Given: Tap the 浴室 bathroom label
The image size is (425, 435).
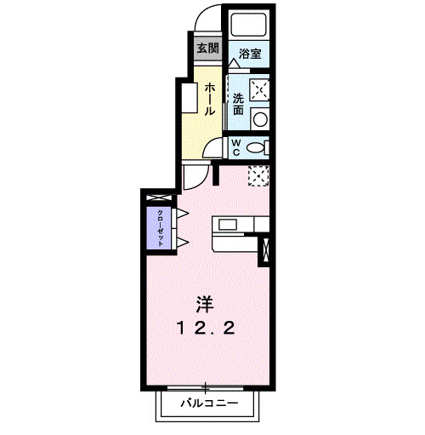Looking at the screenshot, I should coord(250,53).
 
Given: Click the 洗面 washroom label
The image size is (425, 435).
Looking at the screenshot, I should coord(239,103).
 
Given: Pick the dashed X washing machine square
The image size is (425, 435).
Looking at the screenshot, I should coord(261,88).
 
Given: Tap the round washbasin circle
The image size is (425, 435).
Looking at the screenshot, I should coord(261,117).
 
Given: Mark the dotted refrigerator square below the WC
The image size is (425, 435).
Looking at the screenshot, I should coord(258,175).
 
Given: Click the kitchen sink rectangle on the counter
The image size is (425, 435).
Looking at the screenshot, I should coord(228,225).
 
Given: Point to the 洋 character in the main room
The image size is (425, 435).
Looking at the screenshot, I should coord(205,304).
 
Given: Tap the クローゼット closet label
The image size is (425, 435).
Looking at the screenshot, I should coord(158,226).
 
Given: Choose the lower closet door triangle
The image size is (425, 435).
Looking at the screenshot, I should coord(181,243).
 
